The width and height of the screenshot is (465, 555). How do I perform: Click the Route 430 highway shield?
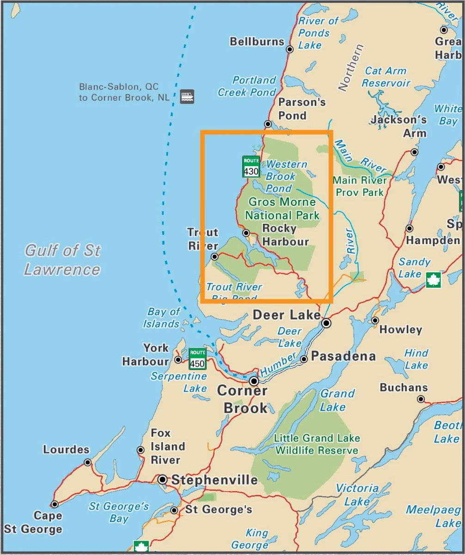(251, 167)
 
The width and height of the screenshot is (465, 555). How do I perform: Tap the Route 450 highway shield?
(197, 359)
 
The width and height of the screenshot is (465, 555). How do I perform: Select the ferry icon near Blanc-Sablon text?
(187, 96)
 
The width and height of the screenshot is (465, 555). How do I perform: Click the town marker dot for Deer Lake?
(326, 323)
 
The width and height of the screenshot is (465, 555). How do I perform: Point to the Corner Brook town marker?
(254, 381)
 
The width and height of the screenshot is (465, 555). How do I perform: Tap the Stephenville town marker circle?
(163, 480)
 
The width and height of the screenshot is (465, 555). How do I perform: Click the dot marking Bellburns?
(290, 49)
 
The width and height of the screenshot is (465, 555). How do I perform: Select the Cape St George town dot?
(55, 504)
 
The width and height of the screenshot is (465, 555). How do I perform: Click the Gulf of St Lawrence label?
(62, 260)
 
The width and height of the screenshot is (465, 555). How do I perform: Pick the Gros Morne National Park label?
(282, 209)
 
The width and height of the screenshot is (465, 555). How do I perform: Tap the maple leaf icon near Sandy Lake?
(433, 280)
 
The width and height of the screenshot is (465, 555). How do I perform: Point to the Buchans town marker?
(421, 399)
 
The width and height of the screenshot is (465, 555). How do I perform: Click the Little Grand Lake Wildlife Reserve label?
(317, 444)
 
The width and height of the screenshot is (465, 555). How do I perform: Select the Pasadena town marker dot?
(304, 359)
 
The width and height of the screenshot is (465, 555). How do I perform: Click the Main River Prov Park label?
(359, 186)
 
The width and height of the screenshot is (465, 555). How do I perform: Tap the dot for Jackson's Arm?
(414, 152)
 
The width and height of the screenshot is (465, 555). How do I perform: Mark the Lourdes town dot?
(87, 462)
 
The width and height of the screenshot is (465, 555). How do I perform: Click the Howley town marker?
(375, 321)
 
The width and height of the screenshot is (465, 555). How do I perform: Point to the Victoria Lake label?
(357, 494)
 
